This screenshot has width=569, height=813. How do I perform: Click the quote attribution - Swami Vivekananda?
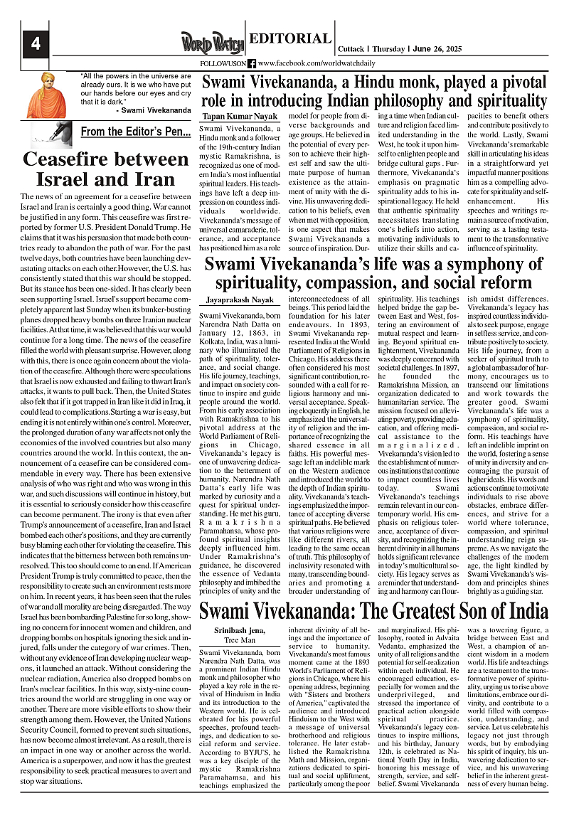coord(152,111)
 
